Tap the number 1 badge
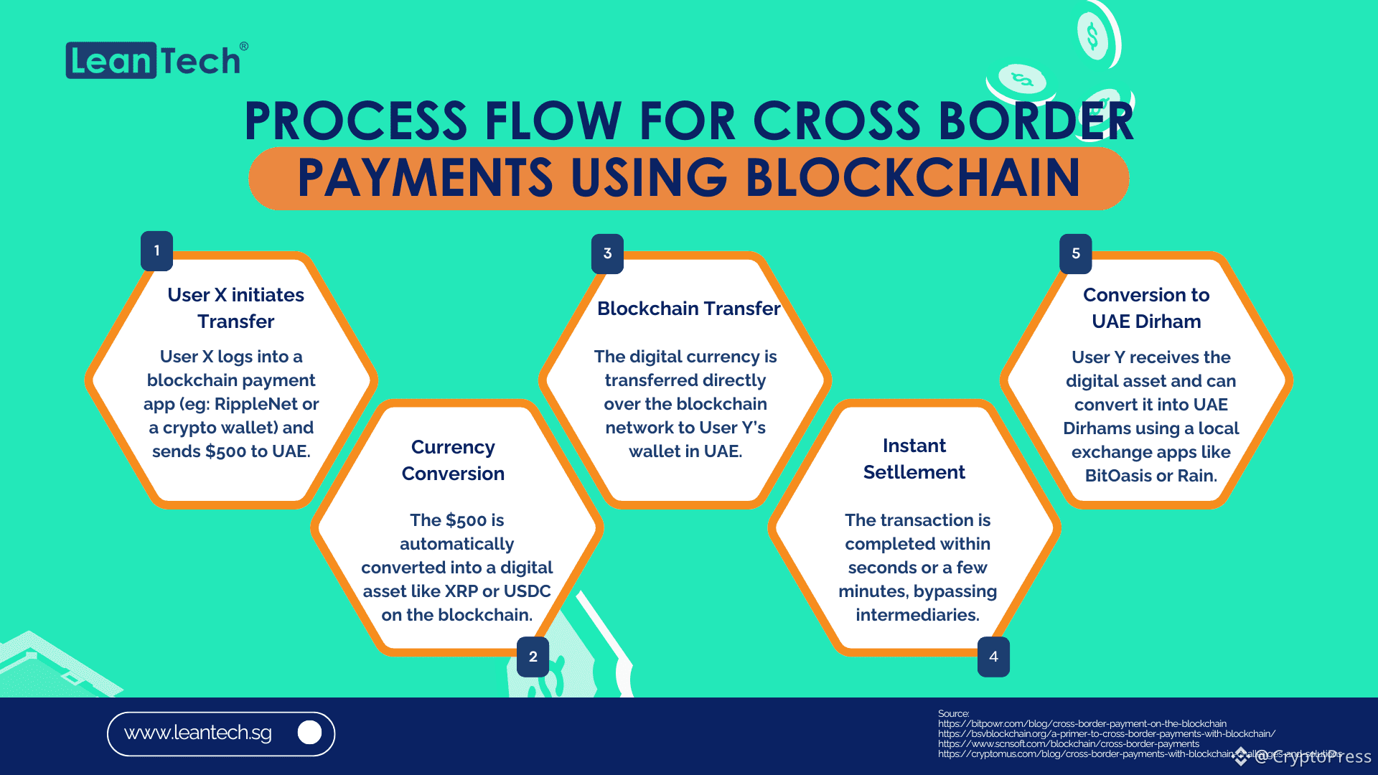pyautogui.click(x=156, y=251)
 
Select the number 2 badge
pyautogui.click(x=533, y=657)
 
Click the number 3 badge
pyautogui.click(x=607, y=253)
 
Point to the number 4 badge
pyautogui.click(x=993, y=657)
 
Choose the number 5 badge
pyautogui.click(x=1075, y=253)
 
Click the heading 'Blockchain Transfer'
pyautogui.click(x=688, y=309)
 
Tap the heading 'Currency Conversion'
pyautogui.click(x=453, y=460)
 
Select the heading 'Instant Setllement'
pyautogui.click(x=914, y=459)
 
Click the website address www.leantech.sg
pyautogui.click(x=198, y=733)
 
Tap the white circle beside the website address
pyautogui.click(x=309, y=733)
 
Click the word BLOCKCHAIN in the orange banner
pyautogui.click(x=912, y=178)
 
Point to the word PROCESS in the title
pyautogui.click(x=356, y=121)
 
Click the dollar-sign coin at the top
pyautogui.click(x=1092, y=36)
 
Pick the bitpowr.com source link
pyautogui.click(x=1082, y=724)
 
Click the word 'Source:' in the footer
pyautogui.click(x=953, y=713)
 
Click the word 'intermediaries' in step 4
pyautogui.click(x=917, y=615)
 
